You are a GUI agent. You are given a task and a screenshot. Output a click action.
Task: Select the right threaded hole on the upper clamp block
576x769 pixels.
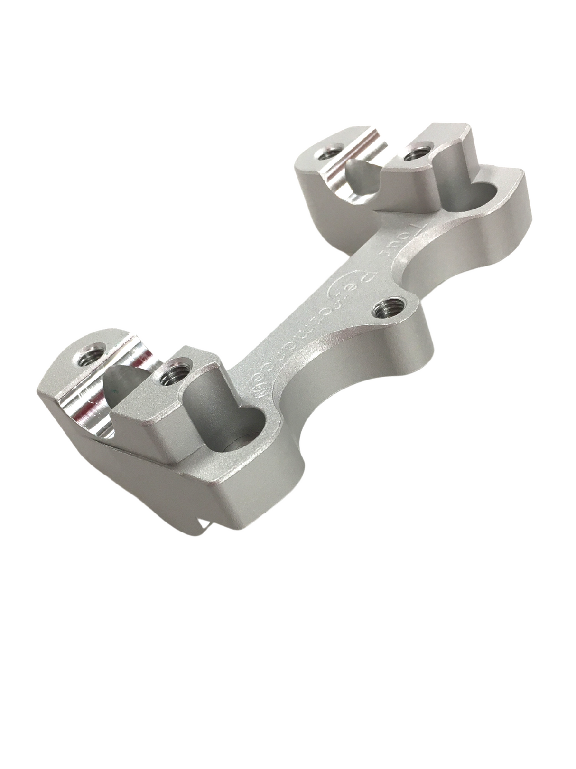pos(416,153)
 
